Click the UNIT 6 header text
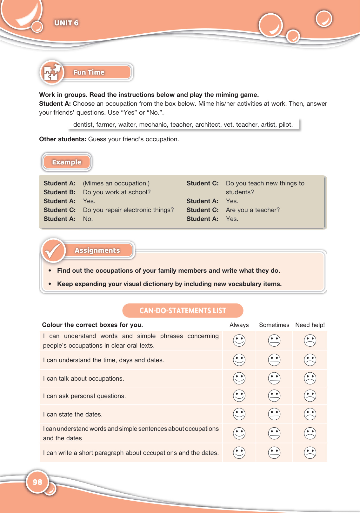[66, 23]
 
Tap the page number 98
[37, 482]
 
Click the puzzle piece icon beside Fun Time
[52, 72]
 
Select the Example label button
[67, 162]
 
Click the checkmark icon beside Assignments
[53, 250]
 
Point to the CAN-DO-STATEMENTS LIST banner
[183, 310]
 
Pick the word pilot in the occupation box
[285, 124]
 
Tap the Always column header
[239, 325]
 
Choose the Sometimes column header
[274, 325]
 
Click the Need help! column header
[310, 325]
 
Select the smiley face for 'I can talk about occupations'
[239, 378]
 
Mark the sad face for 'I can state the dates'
[310, 414]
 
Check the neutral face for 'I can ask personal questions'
[274, 396]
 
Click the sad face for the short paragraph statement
[310, 453]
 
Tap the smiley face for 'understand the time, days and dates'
[239, 360]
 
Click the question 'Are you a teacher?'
[253, 210]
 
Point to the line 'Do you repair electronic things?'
[128, 210]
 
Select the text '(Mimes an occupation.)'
[116, 183]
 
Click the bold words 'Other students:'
[63, 139]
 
